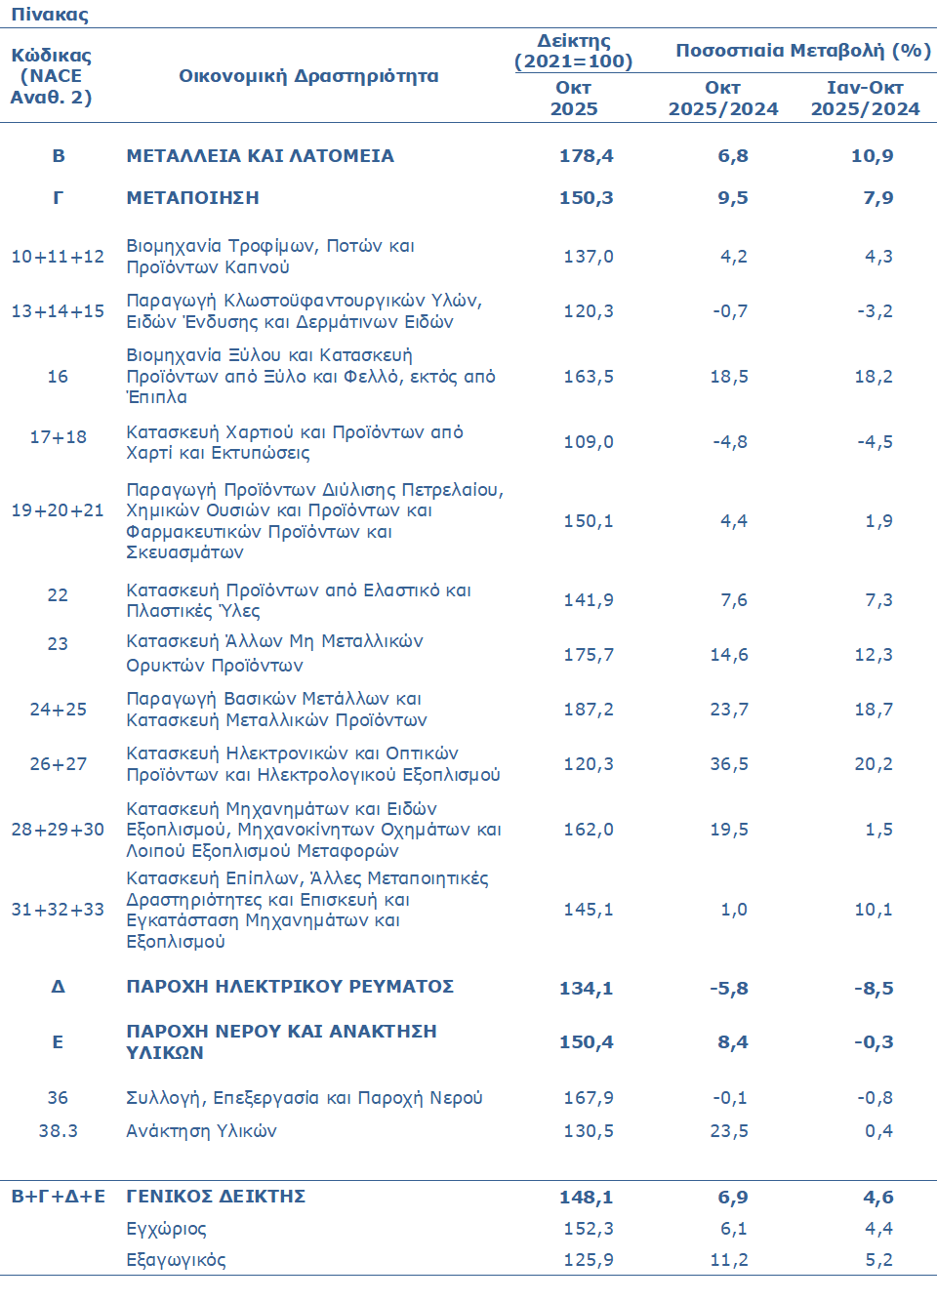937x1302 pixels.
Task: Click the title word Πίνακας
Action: (x=50, y=15)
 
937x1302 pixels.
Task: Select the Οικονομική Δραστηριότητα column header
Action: (x=308, y=76)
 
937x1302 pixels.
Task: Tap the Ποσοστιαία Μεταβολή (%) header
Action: (x=802, y=51)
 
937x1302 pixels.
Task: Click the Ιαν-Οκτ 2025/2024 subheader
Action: (x=865, y=99)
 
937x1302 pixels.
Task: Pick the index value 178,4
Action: (x=587, y=156)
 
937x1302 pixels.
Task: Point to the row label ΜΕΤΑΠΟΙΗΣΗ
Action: (x=193, y=198)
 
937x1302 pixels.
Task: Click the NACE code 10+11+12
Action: (x=58, y=257)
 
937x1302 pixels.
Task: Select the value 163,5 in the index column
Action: (x=589, y=377)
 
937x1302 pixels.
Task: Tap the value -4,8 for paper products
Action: (x=730, y=442)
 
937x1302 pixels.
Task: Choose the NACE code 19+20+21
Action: (x=58, y=510)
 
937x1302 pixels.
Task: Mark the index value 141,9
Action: (x=589, y=600)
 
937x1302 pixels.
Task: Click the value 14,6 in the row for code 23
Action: (x=729, y=655)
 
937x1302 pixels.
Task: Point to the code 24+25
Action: (x=58, y=710)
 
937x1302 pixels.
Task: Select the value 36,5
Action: (x=729, y=764)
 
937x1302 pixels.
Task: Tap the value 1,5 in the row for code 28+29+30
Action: (x=878, y=830)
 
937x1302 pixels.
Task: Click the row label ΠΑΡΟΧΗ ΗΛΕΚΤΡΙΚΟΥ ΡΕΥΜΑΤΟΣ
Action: (x=290, y=987)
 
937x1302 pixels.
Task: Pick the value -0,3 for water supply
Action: (x=874, y=1042)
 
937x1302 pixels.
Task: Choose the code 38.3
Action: (x=58, y=1131)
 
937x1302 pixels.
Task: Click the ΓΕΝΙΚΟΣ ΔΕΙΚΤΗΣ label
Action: (x=216, y=1197)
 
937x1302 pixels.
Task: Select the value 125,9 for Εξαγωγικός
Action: (x=589, y=1260)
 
